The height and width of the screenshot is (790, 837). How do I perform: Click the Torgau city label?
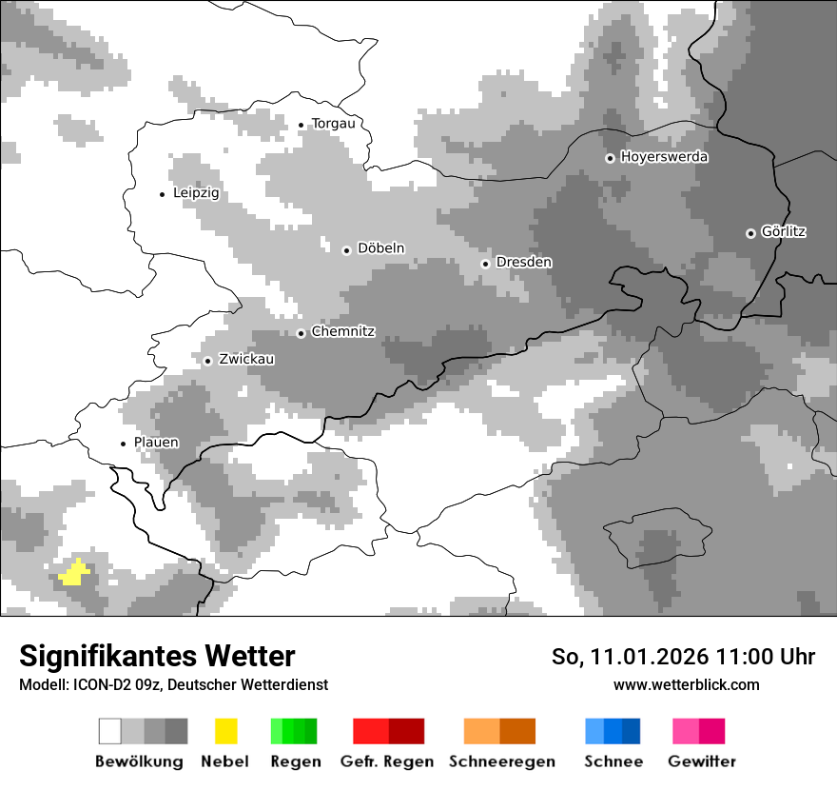333,124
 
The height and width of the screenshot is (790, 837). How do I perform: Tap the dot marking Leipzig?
162,194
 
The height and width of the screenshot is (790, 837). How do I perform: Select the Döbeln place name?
380,248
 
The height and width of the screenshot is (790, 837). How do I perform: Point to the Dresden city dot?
485,264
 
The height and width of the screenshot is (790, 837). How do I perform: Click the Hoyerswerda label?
664,157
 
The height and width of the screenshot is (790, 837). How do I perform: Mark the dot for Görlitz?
750,233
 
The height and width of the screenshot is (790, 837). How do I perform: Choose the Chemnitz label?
342,332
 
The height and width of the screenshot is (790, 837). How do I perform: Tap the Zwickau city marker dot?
207,361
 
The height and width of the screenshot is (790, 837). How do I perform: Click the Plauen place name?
156,443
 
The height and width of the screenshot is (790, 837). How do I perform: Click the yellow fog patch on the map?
73,573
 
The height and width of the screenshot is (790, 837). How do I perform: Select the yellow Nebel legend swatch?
225,731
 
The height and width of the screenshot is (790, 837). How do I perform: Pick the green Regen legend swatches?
294,731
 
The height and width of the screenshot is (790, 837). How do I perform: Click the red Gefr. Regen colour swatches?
388,731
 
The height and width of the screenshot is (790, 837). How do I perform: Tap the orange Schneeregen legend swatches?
499,731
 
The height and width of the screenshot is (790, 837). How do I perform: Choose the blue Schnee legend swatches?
613,731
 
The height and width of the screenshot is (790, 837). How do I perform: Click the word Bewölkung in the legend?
139,761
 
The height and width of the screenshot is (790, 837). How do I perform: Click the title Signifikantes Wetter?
157,656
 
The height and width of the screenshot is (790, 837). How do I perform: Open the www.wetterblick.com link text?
686,684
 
